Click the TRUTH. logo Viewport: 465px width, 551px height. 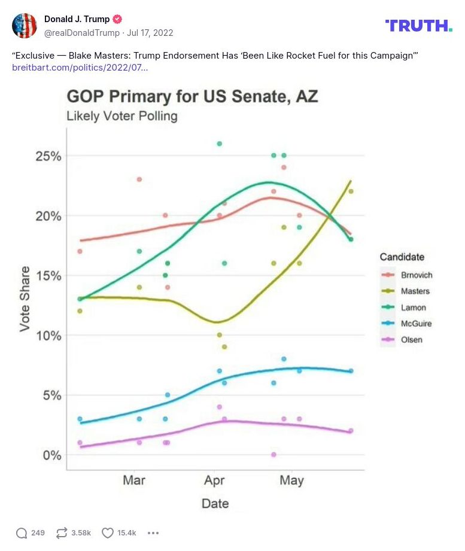[x=418, y=25]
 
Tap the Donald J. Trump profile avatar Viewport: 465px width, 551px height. [x=25, y=25]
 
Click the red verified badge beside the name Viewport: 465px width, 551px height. [x=118, y=19]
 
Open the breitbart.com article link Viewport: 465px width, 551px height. [x=80, y=68]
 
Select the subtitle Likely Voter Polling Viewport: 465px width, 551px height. [x=122, y=116]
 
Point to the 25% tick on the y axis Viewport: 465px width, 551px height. [x=48, y=156]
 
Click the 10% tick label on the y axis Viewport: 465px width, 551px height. [x=48, y=336]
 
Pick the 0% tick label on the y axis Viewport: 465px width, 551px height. [x=51, y=455]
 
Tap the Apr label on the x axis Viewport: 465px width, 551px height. [x=214, y=480]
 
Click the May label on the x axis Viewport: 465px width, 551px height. [x=292, y=480]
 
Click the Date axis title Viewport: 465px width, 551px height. [x=215, y=504]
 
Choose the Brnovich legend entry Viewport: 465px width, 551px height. [x=411, y=275]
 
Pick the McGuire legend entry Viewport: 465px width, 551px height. [x=411, y=324]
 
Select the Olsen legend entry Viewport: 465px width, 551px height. [x=408, y=340]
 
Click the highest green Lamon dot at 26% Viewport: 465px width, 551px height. [x=220, y=144]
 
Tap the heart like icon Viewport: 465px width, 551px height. [x=108, y=533]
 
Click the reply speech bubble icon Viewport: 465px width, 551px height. [x=22, y=533]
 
